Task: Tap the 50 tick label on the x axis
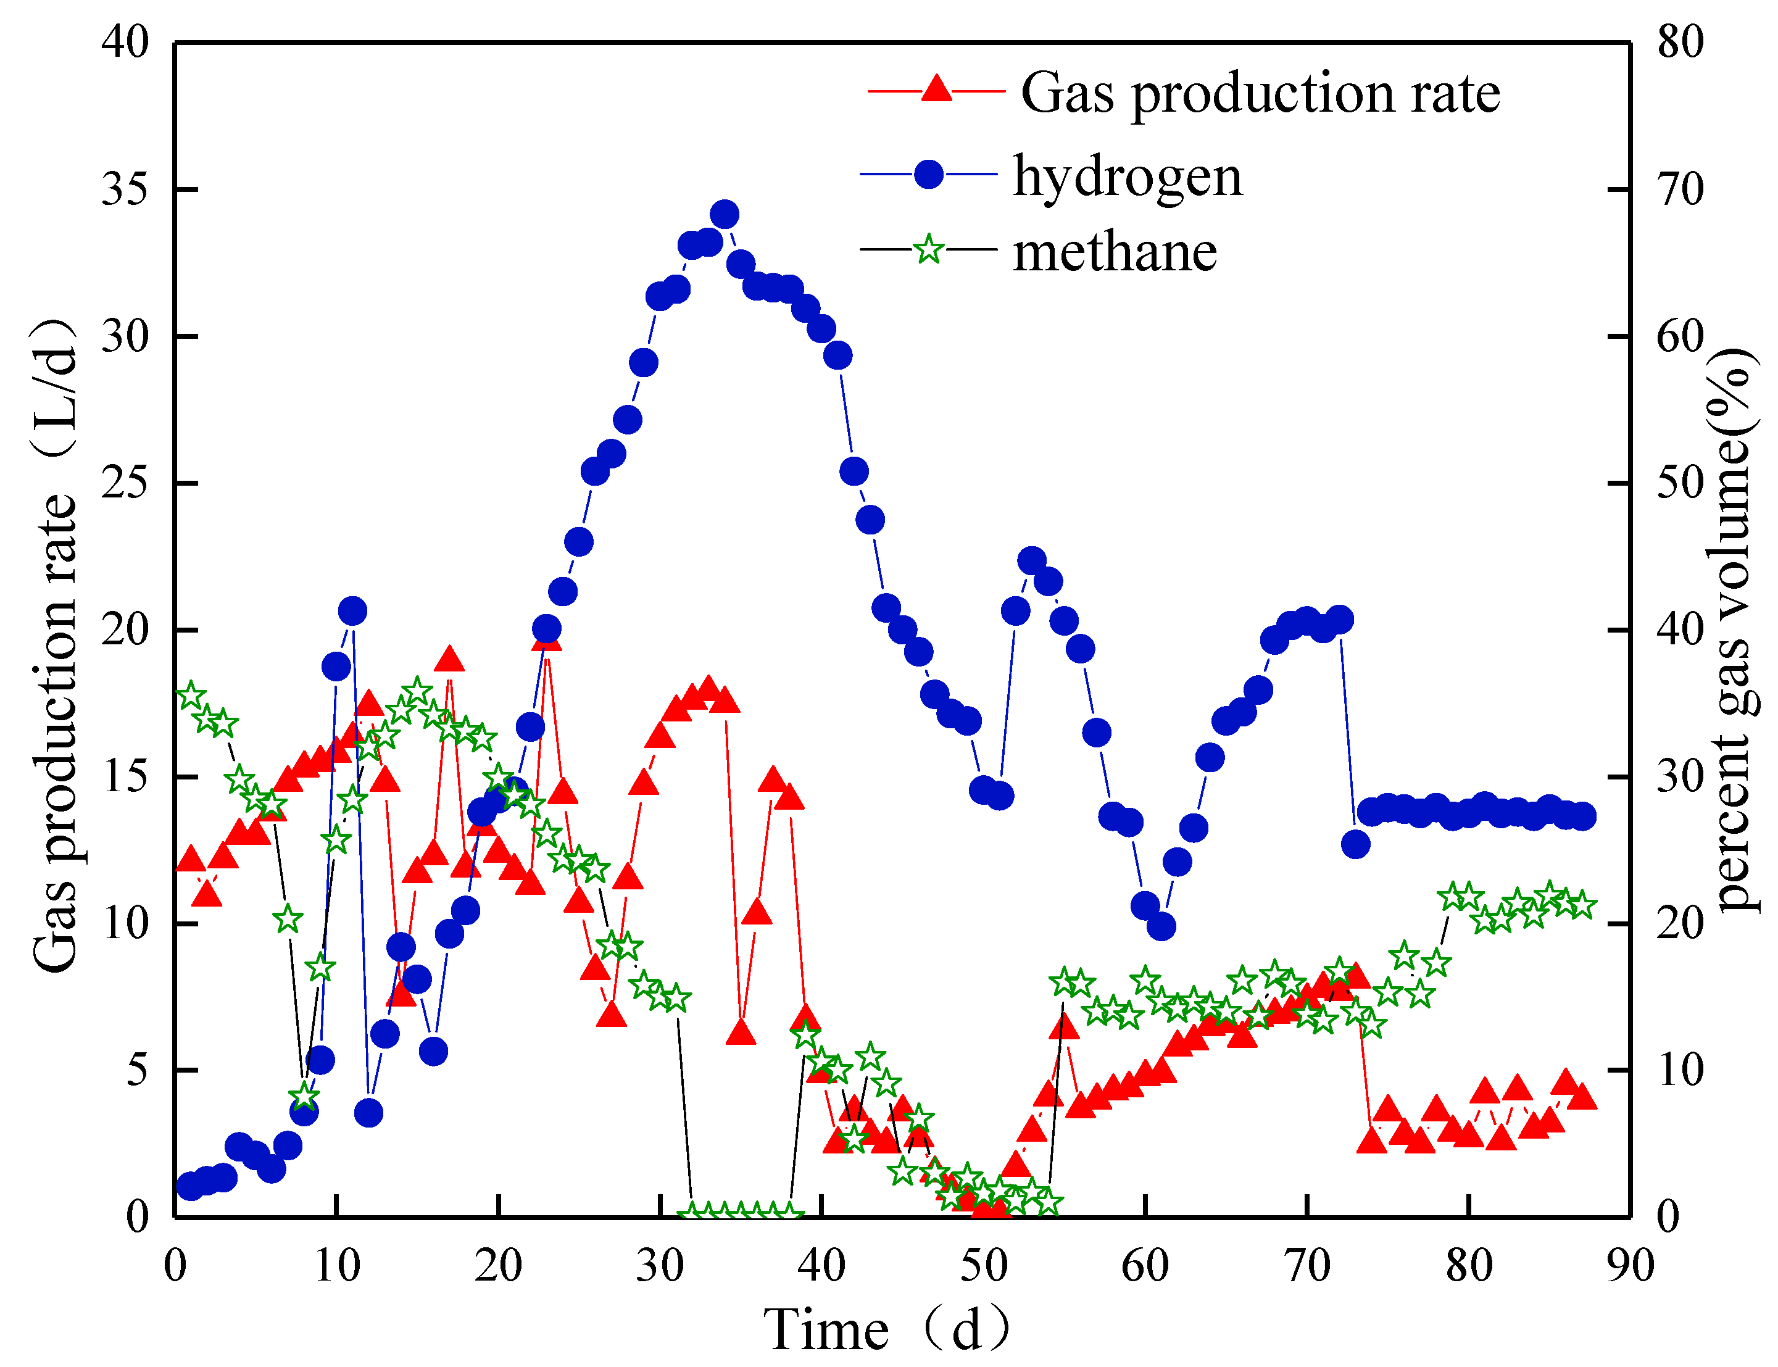pos(983,1266)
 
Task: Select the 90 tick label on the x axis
pos(1630,1266)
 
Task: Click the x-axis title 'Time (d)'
pos(887,1329)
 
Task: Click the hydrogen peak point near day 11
pos(352,610)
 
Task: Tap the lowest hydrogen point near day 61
pos(1161,926)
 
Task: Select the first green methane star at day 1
pos(191,697)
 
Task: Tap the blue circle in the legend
pos(928,174)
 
